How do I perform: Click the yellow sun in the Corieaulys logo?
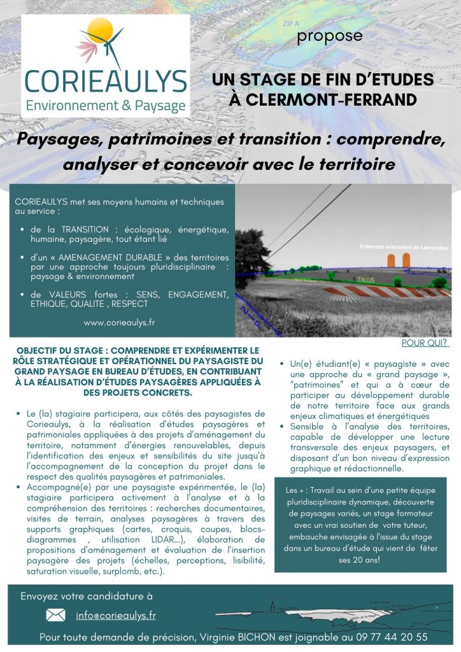[101, 30]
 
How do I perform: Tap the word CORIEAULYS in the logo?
[106, 81]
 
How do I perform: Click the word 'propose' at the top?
[329, 36]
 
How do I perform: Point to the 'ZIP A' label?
[290, 23]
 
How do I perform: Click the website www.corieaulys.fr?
[119, 322]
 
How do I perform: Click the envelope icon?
[56, 615]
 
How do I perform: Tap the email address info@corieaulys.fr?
[116, 615]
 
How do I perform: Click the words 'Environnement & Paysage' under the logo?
[106, 105]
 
